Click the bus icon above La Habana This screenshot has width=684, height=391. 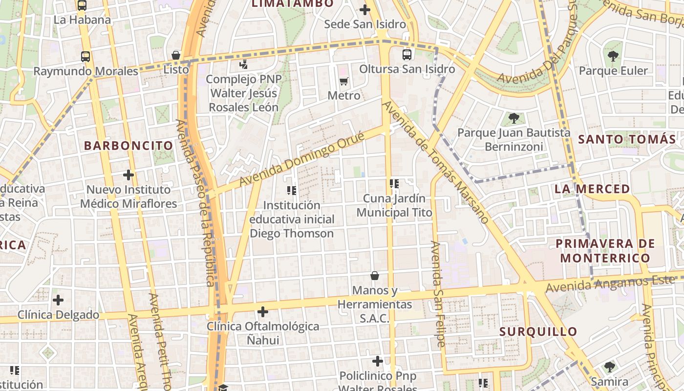[82, 5]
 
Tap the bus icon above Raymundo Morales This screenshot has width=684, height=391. [85, 57]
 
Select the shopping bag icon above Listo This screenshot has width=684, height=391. [176, 55]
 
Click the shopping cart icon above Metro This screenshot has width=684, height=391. [344, 81]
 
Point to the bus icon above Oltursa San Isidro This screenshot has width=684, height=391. [406, 55]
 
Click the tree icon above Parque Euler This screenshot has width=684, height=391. [613, 56]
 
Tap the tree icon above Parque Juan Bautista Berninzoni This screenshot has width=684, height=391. [513, 118]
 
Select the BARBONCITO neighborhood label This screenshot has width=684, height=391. [128, 146]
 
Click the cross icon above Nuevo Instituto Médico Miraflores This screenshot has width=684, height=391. [128, 174]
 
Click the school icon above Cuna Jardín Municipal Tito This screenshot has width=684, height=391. [394, 184]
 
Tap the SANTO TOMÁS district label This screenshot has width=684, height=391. [627, 139]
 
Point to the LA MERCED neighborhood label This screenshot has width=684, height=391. [592, 189]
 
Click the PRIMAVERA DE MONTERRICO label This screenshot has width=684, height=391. [605, 251]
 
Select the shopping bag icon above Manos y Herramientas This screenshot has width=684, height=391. [375, 276]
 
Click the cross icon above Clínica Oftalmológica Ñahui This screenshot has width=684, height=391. [263, 311]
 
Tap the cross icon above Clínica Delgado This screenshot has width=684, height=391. [58, 300]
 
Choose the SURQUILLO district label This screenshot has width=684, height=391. [538, 332]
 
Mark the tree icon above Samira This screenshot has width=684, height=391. [609, 367]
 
